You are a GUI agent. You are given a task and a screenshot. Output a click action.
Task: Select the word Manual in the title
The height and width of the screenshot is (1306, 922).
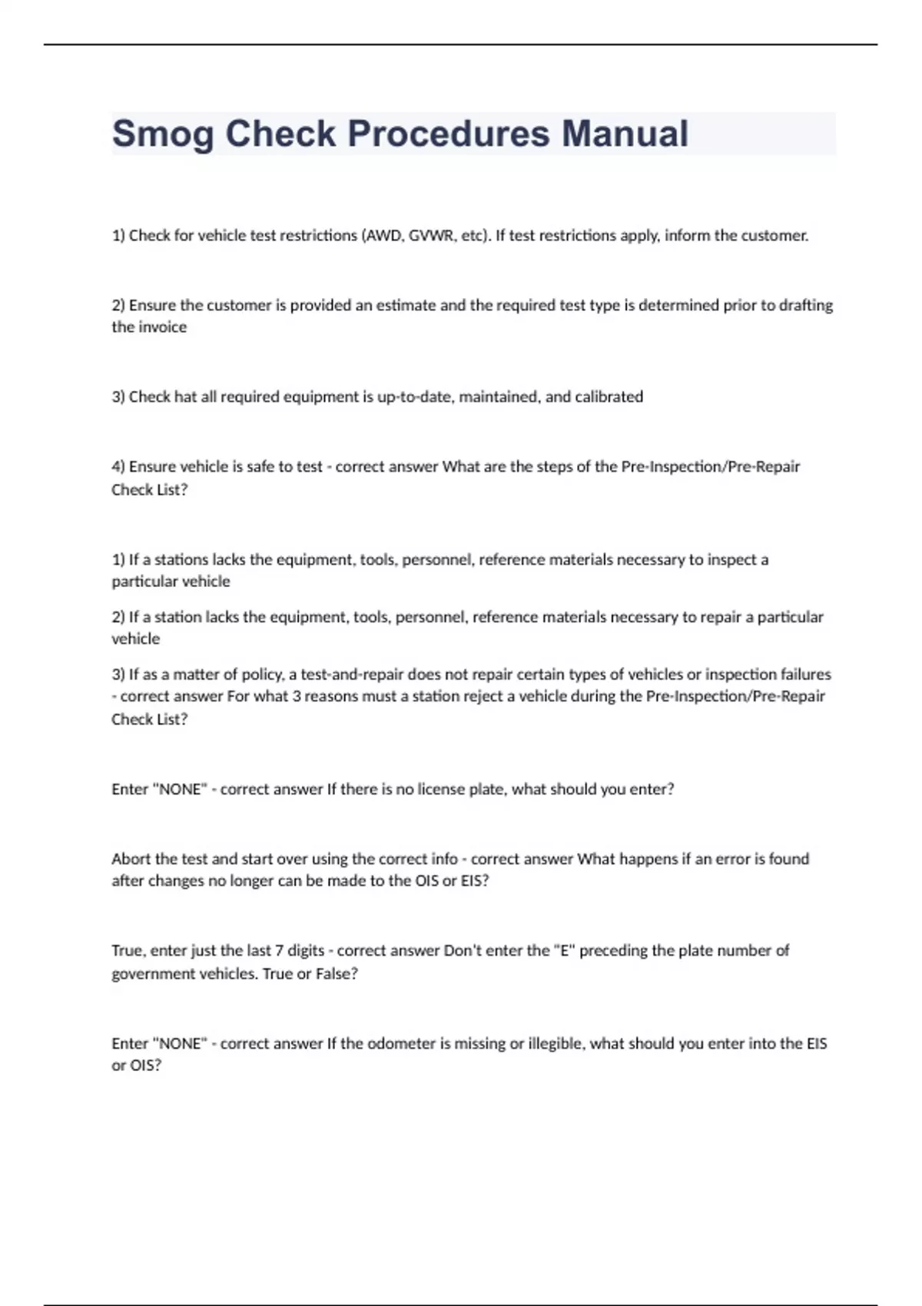coord(625,134)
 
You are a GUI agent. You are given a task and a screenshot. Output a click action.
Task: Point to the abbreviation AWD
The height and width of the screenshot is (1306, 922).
coord(383,236)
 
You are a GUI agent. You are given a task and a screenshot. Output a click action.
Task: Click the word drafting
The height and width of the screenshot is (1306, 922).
coord(806,305)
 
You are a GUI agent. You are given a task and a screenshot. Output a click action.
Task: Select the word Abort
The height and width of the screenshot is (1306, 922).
coord(131,859)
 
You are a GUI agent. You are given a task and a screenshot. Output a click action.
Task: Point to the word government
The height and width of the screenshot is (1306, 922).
coord(154,974)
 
